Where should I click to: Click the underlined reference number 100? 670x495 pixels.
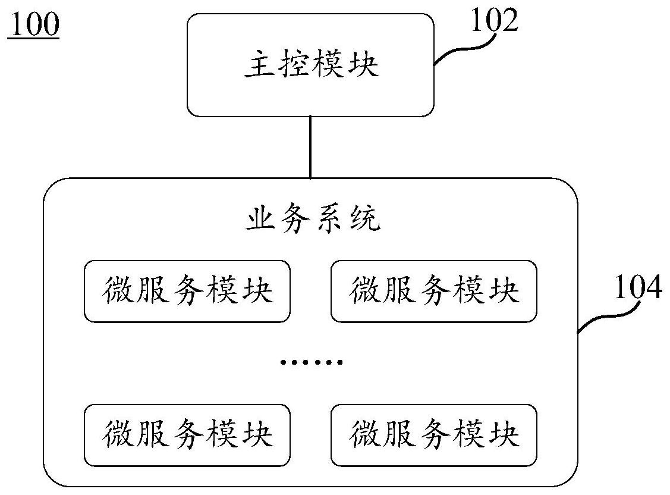33,26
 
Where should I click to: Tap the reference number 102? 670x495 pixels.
494,22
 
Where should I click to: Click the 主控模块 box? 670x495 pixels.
310,65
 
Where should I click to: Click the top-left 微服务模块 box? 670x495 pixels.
187,292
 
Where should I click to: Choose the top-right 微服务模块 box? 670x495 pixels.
434,292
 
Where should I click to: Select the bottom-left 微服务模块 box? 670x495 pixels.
187,435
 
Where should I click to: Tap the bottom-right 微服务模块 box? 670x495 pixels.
434,435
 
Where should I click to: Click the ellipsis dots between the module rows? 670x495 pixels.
312,362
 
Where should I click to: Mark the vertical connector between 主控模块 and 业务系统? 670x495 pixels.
310,147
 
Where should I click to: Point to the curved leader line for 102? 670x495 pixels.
464,49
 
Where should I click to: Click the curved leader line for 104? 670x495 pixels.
606,315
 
